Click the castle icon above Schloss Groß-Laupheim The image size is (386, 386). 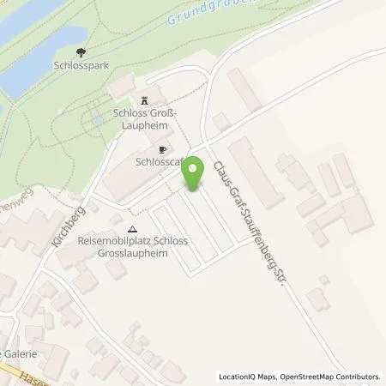pyautogui.click(x=142, y=99)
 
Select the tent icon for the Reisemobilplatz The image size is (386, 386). pyautogui.click(x=131, y=229)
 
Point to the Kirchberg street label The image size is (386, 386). pyautogui.click(x=64, y=226)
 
